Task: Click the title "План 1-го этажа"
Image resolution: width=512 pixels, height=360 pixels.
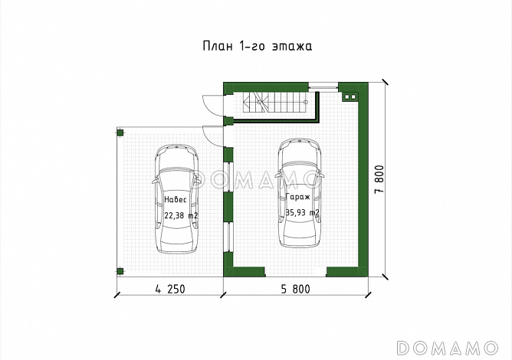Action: point(258,46)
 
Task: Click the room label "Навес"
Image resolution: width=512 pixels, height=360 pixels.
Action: point(176,199)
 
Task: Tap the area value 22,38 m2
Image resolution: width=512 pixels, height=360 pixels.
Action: point(181,216)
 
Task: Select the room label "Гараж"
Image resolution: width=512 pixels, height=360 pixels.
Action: point(298,197)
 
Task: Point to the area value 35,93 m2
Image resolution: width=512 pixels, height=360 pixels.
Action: point(302,212)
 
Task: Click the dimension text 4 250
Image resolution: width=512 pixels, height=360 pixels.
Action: point(170,289)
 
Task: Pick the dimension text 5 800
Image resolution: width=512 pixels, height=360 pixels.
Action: point(296,289)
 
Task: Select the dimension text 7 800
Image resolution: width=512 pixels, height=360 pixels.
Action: point(379,179)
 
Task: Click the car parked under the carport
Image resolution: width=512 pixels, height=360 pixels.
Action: point(176,198)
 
